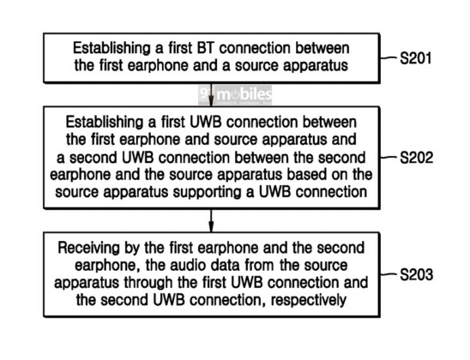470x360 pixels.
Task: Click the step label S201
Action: pyautogui.click(x=416, y=58)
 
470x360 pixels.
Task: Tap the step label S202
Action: pyautogui.click(x=416, y=158)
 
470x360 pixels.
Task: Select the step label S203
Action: pyautogui.click(x=416, y=274)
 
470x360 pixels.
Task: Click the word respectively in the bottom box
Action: pyautogui.click(x=309, y=300)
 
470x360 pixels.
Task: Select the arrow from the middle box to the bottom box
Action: pyautogui.click(x=211, y=221)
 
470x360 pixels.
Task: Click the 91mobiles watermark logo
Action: pyautogui.click(x=235, y=94)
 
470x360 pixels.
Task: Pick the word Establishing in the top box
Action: pyautogui.click(x=111, y=48)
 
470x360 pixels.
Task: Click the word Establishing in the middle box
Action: pyautogui.click(x=105, y=123)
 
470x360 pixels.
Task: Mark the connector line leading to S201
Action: pyautogui.click(x=389, y=57)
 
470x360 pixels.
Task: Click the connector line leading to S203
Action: pyautogui.click(x=389, y=273)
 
